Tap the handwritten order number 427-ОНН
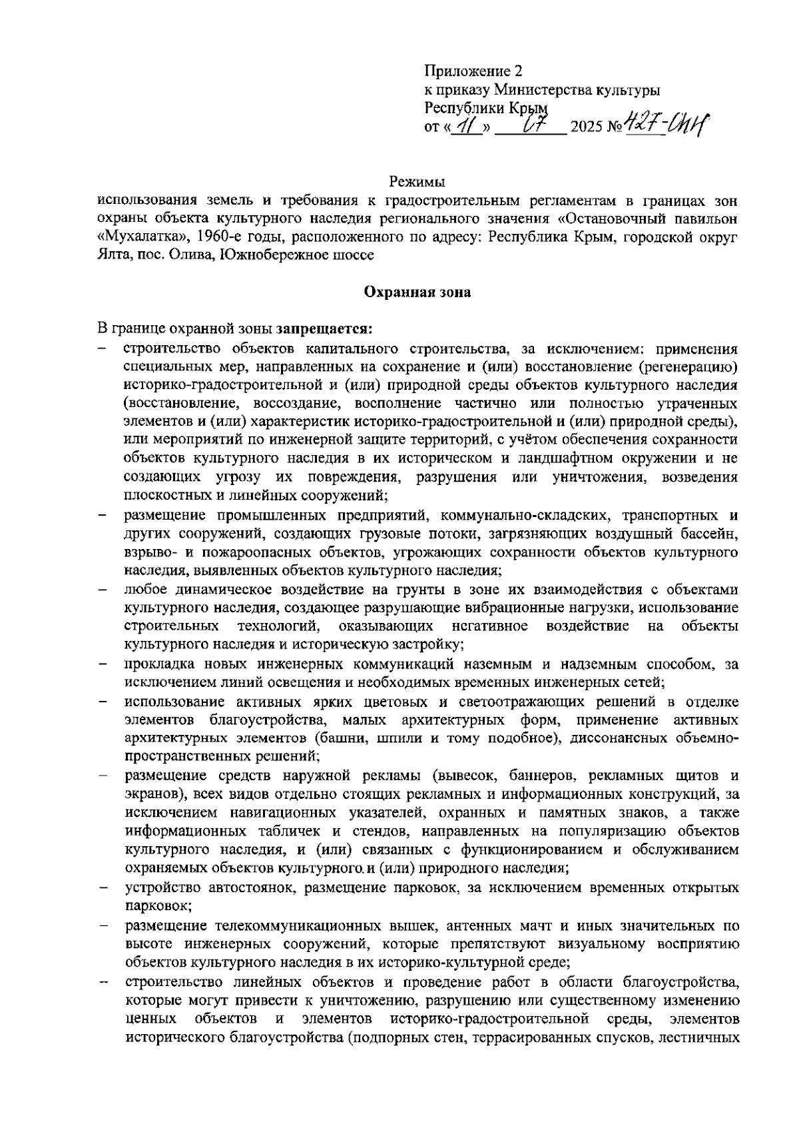[666, 124]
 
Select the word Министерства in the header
[534, 90]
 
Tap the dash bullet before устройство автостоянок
[103, 889]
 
